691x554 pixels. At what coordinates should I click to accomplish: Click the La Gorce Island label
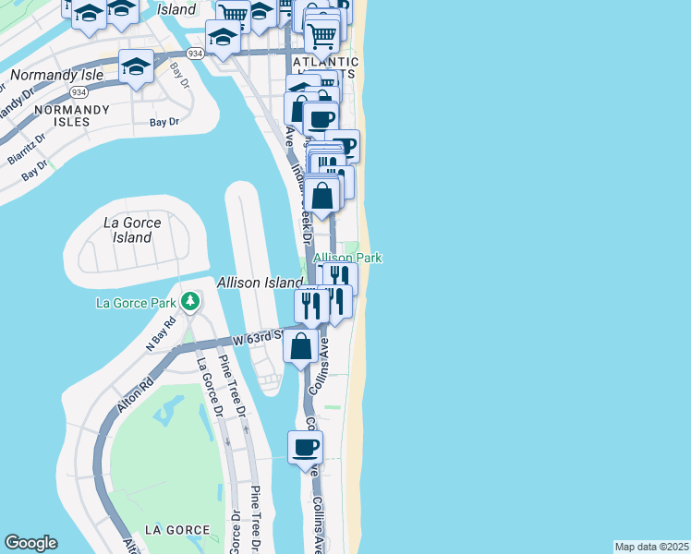coord(132,230)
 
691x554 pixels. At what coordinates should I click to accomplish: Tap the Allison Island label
coord(260,283)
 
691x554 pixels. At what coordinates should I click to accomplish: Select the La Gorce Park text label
coord(137,302)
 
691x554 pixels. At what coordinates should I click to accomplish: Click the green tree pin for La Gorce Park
coord(190,301)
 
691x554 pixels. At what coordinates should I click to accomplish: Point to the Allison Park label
coord(348,259)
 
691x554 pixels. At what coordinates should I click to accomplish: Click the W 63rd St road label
coord(257,339)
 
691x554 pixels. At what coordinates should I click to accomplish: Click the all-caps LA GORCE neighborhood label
coord(177,530)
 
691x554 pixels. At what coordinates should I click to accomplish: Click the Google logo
coord(30,543)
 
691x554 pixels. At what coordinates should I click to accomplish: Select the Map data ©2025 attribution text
coord(651,547)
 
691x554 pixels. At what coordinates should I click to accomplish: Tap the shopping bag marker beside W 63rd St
coord(302,347)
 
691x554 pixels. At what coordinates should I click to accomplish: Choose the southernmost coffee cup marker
coord(305,449)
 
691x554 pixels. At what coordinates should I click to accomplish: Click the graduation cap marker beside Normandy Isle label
coord(136,67)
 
